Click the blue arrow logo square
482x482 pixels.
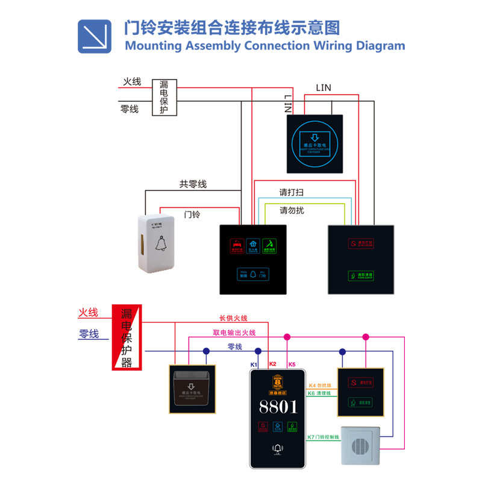tap(95, 36)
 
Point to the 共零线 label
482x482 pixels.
tap(193, 184)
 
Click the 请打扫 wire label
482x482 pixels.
tap(291, 193)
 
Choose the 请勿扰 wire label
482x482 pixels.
tap(292, 211)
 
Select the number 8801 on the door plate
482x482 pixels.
tap(278, 407)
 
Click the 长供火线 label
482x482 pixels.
tap(233, 318)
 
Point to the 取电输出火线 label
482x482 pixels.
tap(234, 333)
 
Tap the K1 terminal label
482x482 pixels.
tap(254, 365)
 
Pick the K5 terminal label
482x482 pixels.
tap(292, 365)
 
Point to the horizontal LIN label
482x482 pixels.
tap(323, 88)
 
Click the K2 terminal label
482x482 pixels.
tap(272, 364)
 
